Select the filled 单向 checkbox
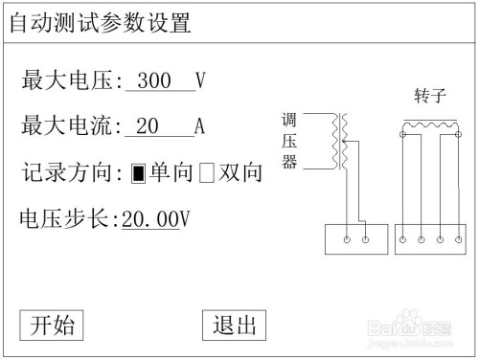tap(138, 174)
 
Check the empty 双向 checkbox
tap(206, 174)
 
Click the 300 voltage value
tap(153, 81)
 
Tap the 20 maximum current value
tap(148, 126)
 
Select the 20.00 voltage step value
tap(151, 219)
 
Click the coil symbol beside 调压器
tap(336, 142)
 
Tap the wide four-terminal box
tap(430, 238)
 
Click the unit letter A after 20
tap(200, 126)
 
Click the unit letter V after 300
tap(200, 81)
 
